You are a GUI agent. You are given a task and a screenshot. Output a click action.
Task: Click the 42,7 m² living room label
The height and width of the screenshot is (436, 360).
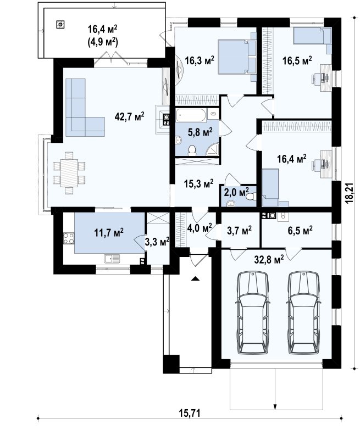129,116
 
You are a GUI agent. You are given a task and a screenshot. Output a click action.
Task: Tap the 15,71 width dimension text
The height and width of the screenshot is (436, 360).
189,413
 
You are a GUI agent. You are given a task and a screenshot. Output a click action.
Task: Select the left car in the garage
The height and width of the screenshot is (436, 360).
253,313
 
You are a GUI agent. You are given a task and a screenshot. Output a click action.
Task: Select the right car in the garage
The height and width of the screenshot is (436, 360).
303,313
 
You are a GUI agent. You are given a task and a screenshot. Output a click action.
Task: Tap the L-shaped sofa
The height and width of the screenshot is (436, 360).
84,107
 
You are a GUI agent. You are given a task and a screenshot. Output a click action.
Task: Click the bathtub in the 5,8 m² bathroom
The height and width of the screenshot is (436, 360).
191,115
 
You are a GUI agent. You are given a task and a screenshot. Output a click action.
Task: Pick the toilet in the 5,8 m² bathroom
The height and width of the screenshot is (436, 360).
192,150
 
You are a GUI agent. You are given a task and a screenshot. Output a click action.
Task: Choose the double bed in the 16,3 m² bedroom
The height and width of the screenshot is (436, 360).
232,57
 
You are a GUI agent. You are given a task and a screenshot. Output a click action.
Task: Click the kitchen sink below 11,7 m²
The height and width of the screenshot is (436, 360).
112,259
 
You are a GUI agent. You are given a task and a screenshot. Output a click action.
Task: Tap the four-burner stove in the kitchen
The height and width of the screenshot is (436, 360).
69,238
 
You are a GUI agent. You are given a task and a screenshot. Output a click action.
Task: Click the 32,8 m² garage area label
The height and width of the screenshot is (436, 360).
269,260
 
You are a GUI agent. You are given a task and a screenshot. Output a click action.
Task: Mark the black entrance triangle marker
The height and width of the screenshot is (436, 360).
196,278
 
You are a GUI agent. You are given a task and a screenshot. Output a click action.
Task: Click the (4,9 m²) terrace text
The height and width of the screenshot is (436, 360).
102,42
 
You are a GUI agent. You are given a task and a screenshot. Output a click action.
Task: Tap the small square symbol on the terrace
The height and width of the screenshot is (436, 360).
60,25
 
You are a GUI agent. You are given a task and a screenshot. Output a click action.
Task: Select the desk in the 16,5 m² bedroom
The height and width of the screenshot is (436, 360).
326,78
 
